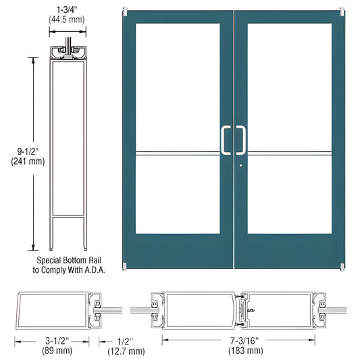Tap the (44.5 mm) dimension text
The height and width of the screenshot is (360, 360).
click(x=66, y=21)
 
